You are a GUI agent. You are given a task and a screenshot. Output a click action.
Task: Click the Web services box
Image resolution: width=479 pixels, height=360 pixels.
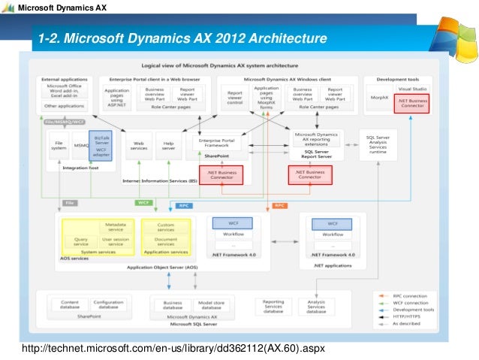tap(139, 144)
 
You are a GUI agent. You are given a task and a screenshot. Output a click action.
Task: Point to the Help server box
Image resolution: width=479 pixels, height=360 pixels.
tap(169, 144)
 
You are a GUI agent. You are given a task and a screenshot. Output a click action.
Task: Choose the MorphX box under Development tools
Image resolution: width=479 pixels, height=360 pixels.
tap(379, 98)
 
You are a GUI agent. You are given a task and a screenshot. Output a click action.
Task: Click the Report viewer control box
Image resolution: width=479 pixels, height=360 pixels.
tap(235, 98)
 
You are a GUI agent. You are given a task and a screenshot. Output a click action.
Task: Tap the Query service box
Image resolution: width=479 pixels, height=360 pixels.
tap(80, 241)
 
